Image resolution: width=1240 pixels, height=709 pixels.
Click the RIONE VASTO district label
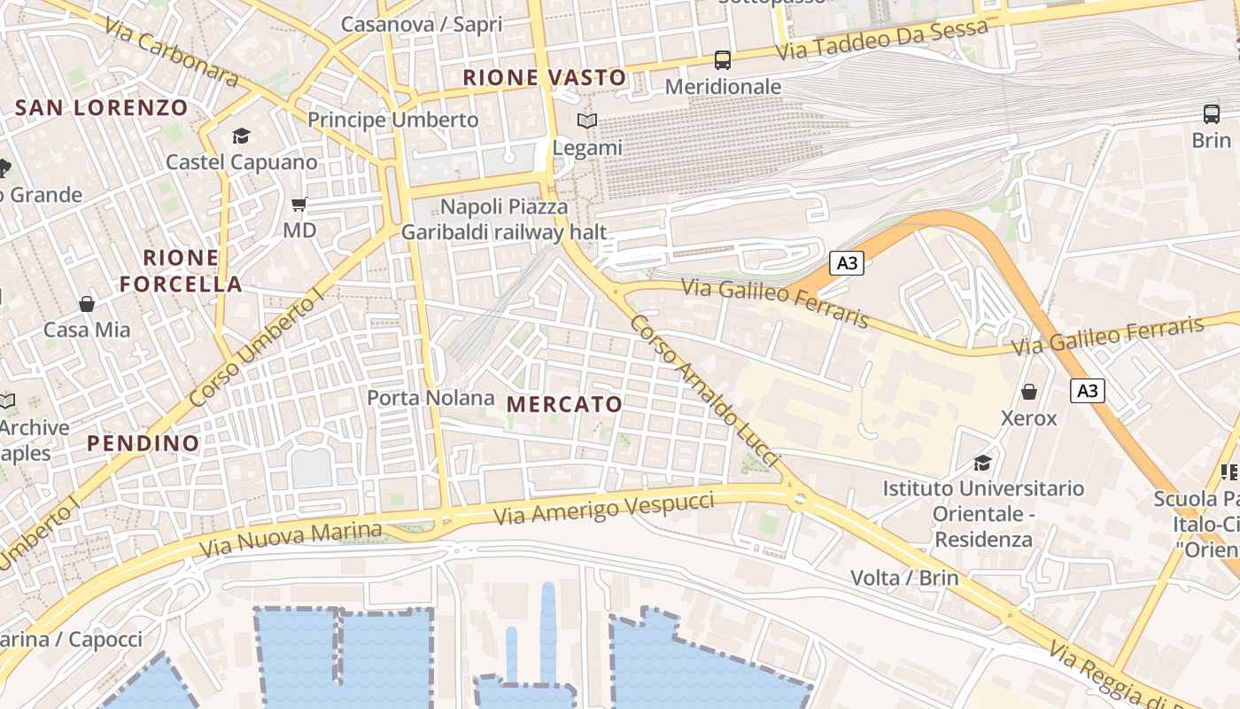point(545,78)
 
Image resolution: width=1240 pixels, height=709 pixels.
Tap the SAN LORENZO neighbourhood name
point(102,108)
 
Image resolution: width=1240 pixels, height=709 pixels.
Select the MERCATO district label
point(564,404)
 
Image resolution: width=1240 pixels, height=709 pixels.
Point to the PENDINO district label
point(143,443)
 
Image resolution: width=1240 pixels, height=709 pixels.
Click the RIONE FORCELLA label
point(181,270)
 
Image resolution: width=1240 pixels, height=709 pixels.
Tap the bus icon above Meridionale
point(723,60)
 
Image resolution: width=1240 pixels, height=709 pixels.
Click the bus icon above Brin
point(1211,114)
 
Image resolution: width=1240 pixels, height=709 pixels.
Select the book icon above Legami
point(586,121)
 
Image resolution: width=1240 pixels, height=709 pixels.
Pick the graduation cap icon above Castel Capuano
point(241,136)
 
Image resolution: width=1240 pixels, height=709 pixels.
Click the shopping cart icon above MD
point(299,205)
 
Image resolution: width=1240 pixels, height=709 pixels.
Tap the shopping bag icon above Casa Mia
point(87,304)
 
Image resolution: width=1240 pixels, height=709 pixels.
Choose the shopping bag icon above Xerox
point(1029,391)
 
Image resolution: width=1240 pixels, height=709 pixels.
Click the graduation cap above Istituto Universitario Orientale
point(982,463)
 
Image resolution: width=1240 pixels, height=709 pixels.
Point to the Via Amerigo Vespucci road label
point(605,509)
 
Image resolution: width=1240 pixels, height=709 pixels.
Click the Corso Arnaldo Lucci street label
point(704,390)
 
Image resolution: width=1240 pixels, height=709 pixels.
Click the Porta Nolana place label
point(430,398)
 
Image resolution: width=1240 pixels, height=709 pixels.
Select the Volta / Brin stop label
point(904,578)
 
